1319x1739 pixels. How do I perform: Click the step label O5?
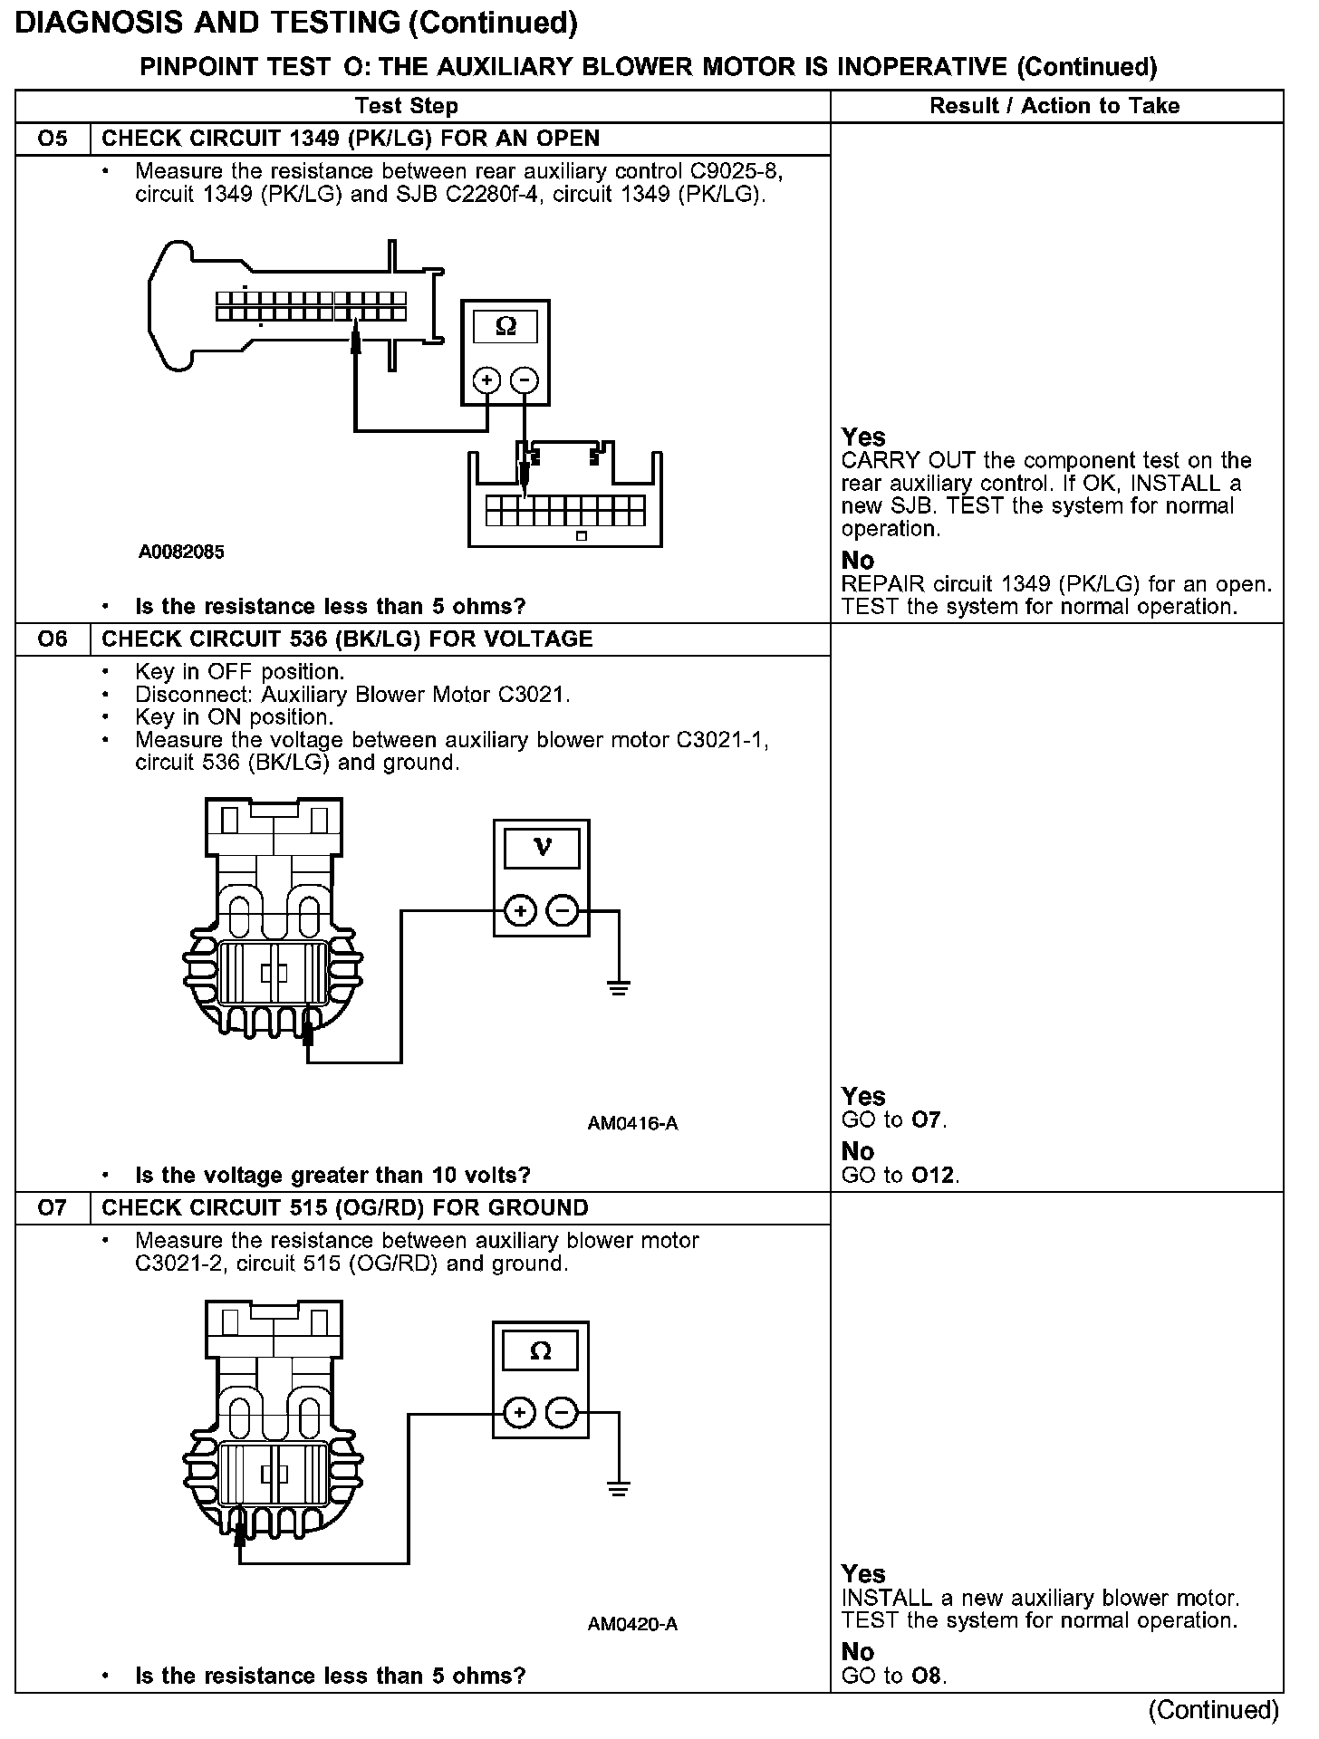[53, 139]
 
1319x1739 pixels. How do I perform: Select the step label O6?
[53, 639]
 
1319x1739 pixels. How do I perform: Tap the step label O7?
[53, 1208]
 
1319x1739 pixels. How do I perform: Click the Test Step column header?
[407, 106]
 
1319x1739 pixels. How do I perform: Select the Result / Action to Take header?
[1054, 106]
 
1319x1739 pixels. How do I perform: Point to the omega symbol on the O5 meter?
[505, 327]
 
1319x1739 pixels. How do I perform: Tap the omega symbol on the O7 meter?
[540, 1351]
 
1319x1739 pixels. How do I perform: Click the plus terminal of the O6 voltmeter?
[520, 911]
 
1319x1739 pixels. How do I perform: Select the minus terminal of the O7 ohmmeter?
[563, 1412]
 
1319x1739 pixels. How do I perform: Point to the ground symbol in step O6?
[619, 986]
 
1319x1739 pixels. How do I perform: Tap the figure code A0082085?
[181, 552]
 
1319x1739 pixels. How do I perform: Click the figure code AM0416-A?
[632, 1124]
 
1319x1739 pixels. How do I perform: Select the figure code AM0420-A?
[632, 1624]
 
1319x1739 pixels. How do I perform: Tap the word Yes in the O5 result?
[862, 437]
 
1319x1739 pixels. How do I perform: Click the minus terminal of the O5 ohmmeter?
[525, 380]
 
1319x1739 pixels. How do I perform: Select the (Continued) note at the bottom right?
[1213, 1710]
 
